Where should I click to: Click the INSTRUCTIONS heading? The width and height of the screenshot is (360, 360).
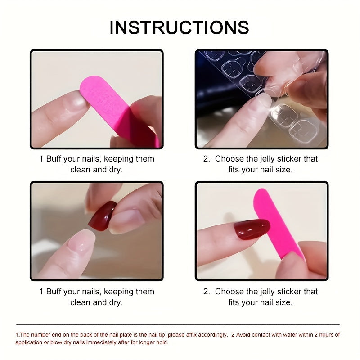(179, 27)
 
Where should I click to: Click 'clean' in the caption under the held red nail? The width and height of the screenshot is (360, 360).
(80, 302)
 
